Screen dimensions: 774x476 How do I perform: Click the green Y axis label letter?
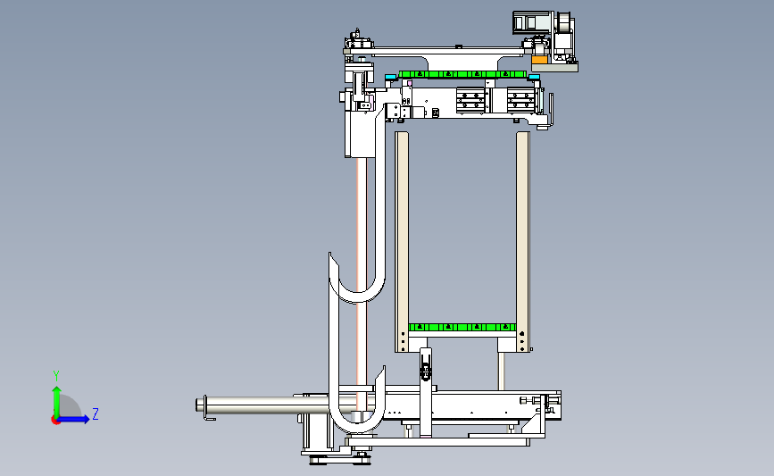tap(56, 376)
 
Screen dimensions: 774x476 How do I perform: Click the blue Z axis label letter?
tap(96, 413)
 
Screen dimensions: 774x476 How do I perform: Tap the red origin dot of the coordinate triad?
tap(55, 420)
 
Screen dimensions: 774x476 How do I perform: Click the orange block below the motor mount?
tap(539, 60)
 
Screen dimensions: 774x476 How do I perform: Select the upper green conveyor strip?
tap(462, 74)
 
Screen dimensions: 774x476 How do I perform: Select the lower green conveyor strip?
tap(462, 327)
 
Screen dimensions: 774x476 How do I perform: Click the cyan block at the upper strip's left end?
tap(391, 77)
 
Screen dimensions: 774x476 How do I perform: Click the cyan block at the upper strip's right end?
tap(534, 77)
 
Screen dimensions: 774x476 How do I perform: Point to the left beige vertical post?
tap(402, 241)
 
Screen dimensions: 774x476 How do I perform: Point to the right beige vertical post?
tap(523, 241)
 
